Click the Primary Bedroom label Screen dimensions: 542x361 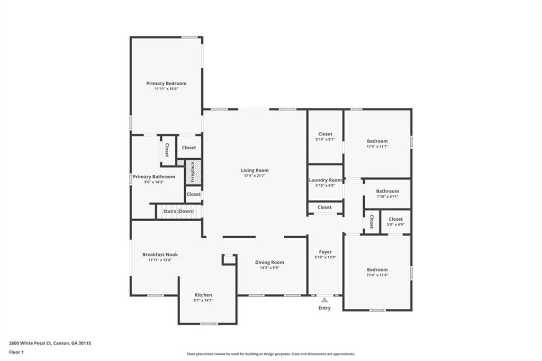point(166,83)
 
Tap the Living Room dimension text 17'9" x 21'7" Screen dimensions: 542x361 point(255,176)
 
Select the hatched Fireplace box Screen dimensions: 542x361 point(193,172)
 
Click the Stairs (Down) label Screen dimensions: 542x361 point(178,211)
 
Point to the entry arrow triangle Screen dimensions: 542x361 point(324,300)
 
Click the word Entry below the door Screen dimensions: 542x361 point(324,308)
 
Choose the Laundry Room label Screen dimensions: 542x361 point(326,180)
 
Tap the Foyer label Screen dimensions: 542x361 point(326,252)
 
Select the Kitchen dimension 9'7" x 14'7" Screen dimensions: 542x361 point(203,301)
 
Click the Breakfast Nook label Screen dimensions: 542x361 point(160,255)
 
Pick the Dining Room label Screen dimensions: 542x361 point(269,263)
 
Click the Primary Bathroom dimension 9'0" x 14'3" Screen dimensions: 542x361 point(154,182)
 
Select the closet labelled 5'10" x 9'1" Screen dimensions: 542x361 point(326,136)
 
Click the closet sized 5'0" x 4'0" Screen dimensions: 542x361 point(395,222)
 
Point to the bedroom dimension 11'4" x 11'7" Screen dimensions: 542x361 point(377,147)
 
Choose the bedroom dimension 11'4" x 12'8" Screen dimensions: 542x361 point(377,275)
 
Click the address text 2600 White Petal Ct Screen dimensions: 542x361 point(30,344)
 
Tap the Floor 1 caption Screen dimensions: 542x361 point(16,353)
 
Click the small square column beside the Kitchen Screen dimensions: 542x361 point(229,259)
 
